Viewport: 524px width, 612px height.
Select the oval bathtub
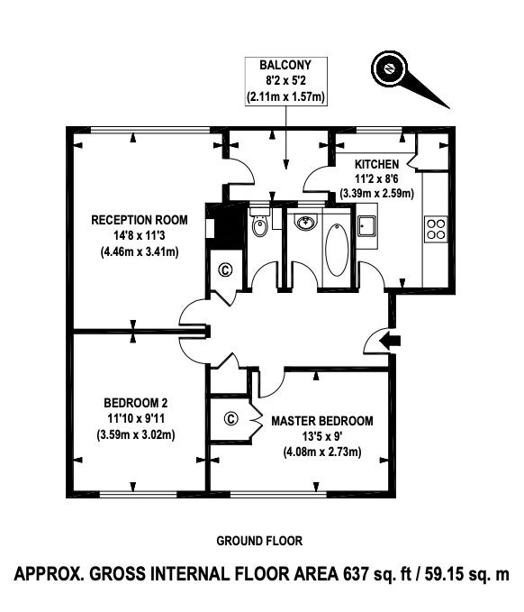337,251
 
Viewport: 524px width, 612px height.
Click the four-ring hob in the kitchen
436,229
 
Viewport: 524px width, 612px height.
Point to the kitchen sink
367,226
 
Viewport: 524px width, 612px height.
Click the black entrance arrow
390,341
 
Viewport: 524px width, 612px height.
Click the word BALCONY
285,65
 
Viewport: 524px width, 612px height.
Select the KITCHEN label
376,164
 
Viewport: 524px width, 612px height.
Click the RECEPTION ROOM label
140,220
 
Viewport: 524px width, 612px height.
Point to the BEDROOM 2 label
136,402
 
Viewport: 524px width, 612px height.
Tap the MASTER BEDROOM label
322,421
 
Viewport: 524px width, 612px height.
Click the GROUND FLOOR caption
259,541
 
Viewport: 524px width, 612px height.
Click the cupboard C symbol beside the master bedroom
230,419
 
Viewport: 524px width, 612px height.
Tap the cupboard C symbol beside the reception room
225,269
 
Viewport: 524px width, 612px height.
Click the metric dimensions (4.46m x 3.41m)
140,251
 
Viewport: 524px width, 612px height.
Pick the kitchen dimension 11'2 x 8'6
376,178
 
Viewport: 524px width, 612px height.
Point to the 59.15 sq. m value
466,574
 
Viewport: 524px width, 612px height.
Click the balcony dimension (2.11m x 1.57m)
285,96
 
